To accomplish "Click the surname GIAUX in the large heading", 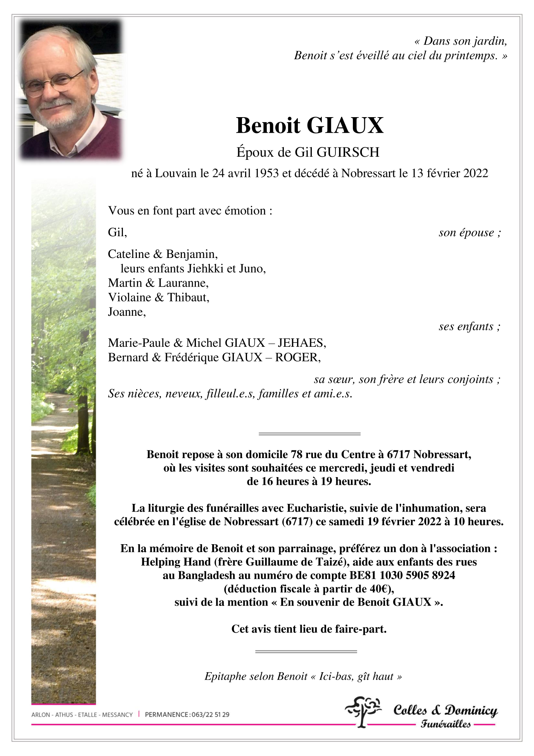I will point(345,125).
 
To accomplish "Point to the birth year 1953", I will point(265,173).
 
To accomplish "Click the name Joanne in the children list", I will point(126,312).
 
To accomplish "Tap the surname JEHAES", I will point(302,343).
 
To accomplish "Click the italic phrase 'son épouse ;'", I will point(470,233).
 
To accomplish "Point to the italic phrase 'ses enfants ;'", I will point(469,327).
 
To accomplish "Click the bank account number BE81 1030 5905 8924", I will point(402,575).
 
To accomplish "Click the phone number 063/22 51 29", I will point(210,714).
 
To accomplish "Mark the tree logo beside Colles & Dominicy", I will point(363,711).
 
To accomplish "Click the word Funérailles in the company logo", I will point(446,724).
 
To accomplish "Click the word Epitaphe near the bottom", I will point(225,676).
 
